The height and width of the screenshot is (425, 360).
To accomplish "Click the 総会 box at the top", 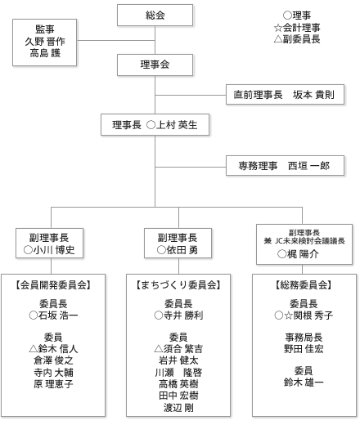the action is coord(155,16).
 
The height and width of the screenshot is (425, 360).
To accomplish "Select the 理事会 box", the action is coord(155,65).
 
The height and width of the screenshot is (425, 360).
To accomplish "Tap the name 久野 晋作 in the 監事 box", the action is coord(45,42).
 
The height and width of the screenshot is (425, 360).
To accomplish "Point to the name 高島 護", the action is coord(45,53).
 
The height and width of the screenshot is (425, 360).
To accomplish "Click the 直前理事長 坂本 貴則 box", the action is coord(285,95).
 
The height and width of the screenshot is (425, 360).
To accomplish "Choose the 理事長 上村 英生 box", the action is coord(155,125).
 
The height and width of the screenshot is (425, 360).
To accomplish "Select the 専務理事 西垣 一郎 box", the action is coord(285,166).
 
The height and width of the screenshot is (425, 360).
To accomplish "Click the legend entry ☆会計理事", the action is coord(297,27).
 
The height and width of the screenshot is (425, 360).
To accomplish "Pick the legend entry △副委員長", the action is coord(297,39).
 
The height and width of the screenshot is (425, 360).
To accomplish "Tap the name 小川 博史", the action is coord(54,250).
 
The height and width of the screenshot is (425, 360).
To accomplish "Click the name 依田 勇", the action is coord(182,250).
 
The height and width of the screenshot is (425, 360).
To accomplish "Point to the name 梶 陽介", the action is coord(303,254).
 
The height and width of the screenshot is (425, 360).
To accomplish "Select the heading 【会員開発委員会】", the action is coord(53,285).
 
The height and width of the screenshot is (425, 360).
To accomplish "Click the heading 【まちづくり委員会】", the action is coord(178,285).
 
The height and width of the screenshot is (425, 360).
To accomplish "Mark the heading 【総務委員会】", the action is coord(304,285).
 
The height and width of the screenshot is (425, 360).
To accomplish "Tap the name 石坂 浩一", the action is coord(58,315).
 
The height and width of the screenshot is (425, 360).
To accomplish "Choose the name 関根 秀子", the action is coord(313,315).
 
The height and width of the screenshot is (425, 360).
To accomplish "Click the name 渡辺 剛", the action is coord(178,408).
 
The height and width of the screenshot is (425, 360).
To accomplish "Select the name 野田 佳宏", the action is coord(304,349).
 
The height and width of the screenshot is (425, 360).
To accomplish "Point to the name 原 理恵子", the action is coord(53,384).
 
